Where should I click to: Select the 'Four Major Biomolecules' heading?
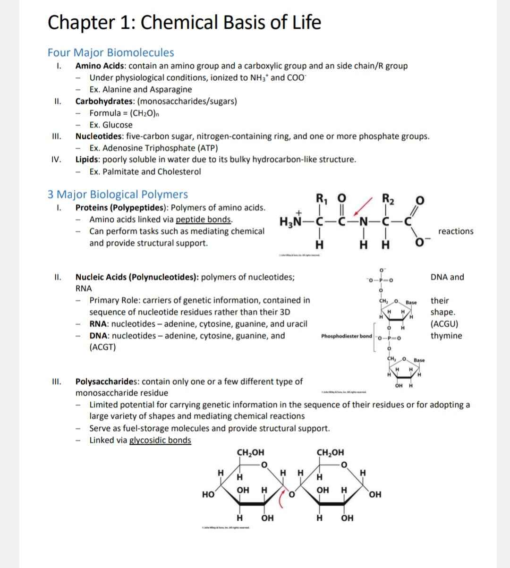(110, 52)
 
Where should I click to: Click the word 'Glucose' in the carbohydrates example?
(118, 125)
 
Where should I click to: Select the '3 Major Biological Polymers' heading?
(118, 194)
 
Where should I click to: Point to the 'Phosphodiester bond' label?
(346, 336)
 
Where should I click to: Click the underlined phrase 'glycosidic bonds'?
(160, 440)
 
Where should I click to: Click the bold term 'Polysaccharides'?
(107, 381)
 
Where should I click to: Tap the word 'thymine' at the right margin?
(446, 336)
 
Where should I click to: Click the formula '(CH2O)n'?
(141, 113)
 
